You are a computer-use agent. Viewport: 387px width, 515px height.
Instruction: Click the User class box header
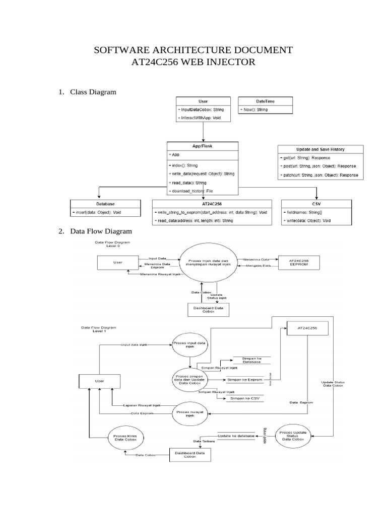click(203, 101)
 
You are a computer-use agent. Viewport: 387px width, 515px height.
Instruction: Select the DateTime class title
click(265, 101)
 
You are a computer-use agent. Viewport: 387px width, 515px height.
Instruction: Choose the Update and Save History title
click(320, 149)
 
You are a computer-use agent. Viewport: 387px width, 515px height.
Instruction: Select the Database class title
click(105, 204)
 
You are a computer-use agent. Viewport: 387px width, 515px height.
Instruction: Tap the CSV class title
click(316, 204)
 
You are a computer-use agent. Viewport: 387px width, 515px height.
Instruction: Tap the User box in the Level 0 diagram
click(117, 263)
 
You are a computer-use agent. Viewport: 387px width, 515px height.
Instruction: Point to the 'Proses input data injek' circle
click(189, 345)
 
